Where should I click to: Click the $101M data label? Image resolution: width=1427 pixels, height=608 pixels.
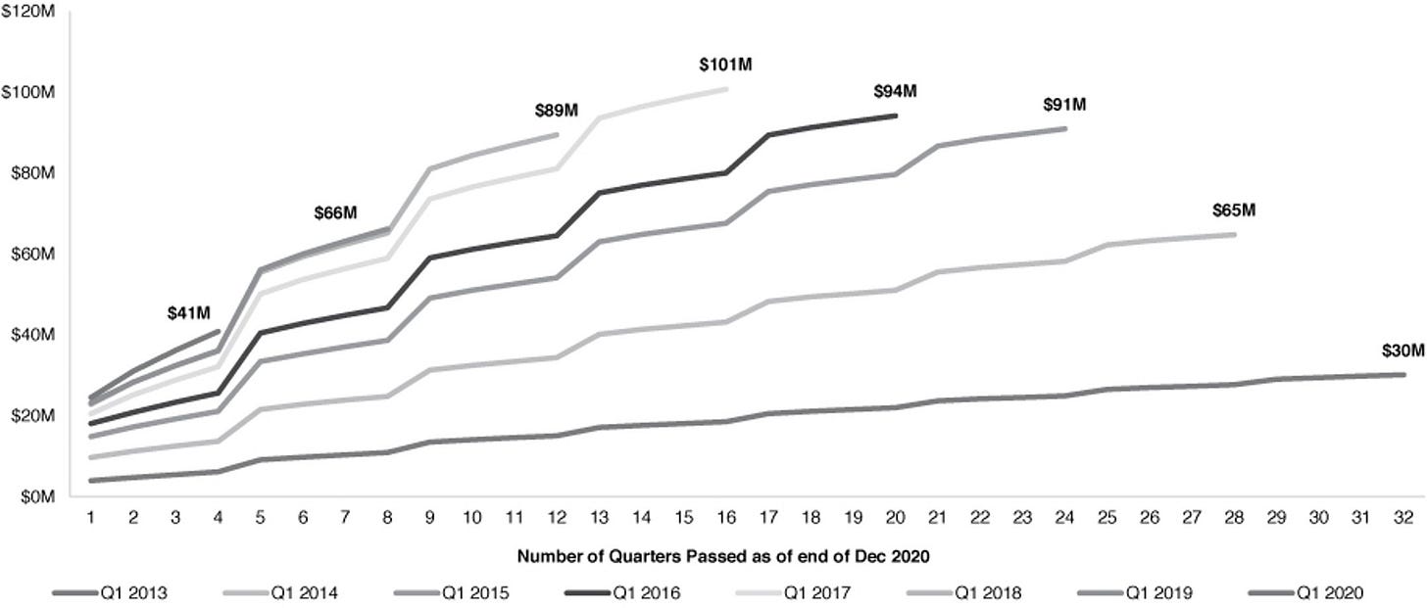(725, 65)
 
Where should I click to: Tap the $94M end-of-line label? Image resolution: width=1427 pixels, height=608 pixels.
(895, 92)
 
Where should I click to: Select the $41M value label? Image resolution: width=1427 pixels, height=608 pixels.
(188, 313)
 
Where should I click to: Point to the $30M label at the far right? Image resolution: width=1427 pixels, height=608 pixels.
(1403, 351)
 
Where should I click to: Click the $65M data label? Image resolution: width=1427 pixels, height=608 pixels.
(1234, 210)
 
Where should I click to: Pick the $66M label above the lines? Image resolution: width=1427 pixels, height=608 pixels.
(336, 213)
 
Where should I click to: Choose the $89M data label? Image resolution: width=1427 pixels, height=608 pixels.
(556, 111)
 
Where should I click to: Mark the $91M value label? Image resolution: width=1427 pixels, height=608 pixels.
(1064, 105)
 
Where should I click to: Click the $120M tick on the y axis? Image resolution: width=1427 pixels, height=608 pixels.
(28, 12)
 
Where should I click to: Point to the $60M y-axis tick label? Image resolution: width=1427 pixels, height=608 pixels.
(33, 254)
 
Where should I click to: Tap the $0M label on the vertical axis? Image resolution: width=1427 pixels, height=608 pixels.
(38, 496)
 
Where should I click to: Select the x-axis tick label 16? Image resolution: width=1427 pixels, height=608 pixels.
(725, 518)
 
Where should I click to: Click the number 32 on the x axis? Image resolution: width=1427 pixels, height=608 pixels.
(1403, 518)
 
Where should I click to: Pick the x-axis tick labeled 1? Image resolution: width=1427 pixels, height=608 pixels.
(90, 518)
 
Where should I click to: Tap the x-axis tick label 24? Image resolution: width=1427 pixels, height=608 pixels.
(1064, 518)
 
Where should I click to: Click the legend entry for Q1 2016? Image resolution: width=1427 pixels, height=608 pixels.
(623, 593)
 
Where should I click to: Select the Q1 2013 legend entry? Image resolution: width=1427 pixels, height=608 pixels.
(110, 593)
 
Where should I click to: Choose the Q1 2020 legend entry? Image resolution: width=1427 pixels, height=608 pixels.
(1305, 593)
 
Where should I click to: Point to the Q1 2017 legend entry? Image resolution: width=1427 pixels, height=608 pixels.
(794, 593)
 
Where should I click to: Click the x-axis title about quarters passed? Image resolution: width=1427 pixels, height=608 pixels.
(723, 556)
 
